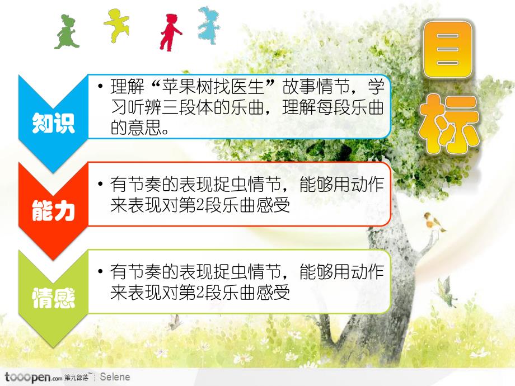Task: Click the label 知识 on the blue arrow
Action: pos(53,123)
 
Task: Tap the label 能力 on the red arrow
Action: pos(53,211)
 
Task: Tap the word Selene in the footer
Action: pos(115,377)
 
